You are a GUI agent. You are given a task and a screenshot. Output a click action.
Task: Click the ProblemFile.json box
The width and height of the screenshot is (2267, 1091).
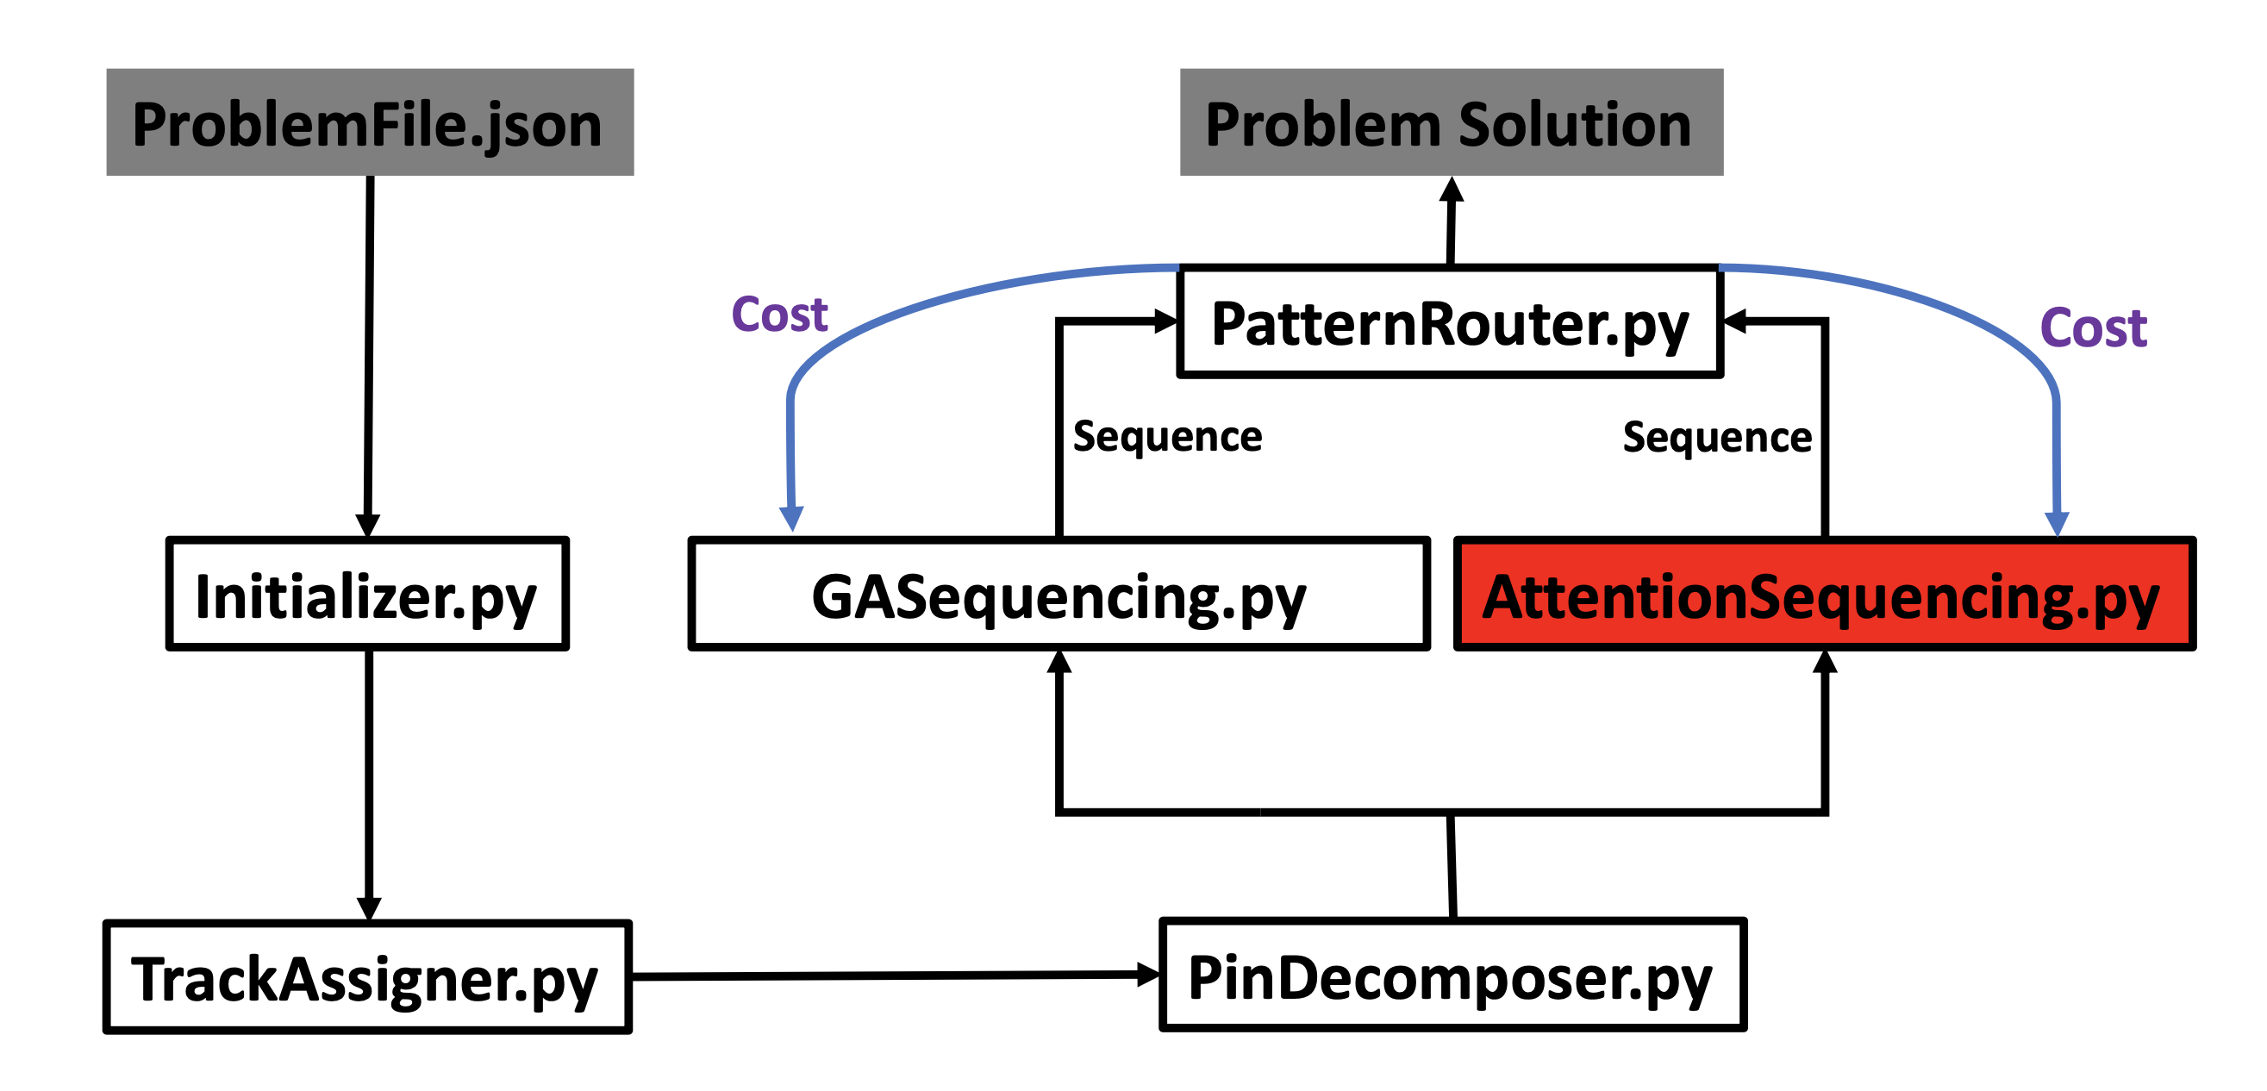370,122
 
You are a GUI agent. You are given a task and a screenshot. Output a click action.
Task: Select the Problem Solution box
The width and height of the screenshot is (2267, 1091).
1452,122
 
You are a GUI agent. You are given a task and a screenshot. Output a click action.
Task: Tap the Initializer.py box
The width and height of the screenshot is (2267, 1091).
368,594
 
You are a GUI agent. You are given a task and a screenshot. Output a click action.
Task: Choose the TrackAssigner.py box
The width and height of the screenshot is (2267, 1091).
367,976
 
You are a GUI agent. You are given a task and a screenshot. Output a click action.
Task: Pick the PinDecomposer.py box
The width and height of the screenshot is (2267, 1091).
1453,975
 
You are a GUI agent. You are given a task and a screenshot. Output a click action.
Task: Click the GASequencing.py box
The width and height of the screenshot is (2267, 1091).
1059,594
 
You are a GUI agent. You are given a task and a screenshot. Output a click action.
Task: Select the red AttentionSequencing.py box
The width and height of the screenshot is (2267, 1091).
1824,594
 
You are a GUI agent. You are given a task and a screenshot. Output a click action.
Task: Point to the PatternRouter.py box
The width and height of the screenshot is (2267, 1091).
1451,322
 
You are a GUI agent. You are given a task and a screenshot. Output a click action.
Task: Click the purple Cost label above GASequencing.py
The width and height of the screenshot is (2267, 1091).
780,314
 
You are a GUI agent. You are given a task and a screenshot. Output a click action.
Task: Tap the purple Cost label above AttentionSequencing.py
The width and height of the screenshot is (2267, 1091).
2094,328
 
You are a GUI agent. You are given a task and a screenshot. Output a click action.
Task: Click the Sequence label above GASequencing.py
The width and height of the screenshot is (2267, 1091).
1168,437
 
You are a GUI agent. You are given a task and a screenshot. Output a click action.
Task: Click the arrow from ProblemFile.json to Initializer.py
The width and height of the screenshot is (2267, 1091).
369,356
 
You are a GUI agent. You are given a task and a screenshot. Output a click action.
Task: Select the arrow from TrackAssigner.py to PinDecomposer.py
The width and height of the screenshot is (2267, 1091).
896,975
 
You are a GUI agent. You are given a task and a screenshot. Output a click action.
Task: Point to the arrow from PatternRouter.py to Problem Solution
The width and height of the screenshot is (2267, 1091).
1452,221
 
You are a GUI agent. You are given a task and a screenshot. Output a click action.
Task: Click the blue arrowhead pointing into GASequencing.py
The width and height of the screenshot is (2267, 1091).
792,519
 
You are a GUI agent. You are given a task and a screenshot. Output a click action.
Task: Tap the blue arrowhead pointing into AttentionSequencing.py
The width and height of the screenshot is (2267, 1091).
2057,524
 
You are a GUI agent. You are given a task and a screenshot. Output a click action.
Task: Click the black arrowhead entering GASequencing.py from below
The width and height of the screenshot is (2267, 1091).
1059,662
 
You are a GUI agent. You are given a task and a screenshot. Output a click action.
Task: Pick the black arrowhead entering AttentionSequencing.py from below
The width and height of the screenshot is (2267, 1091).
1825,662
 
